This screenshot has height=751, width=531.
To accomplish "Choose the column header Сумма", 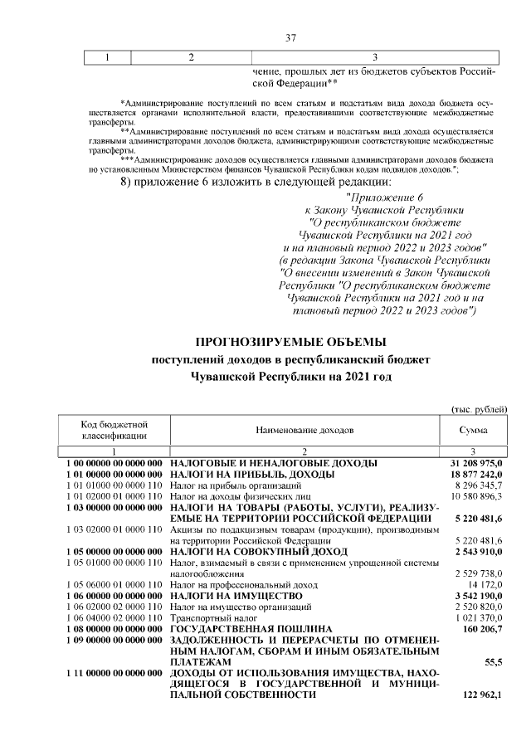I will point(473,431).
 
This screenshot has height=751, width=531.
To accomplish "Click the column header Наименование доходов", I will point(304,431).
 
